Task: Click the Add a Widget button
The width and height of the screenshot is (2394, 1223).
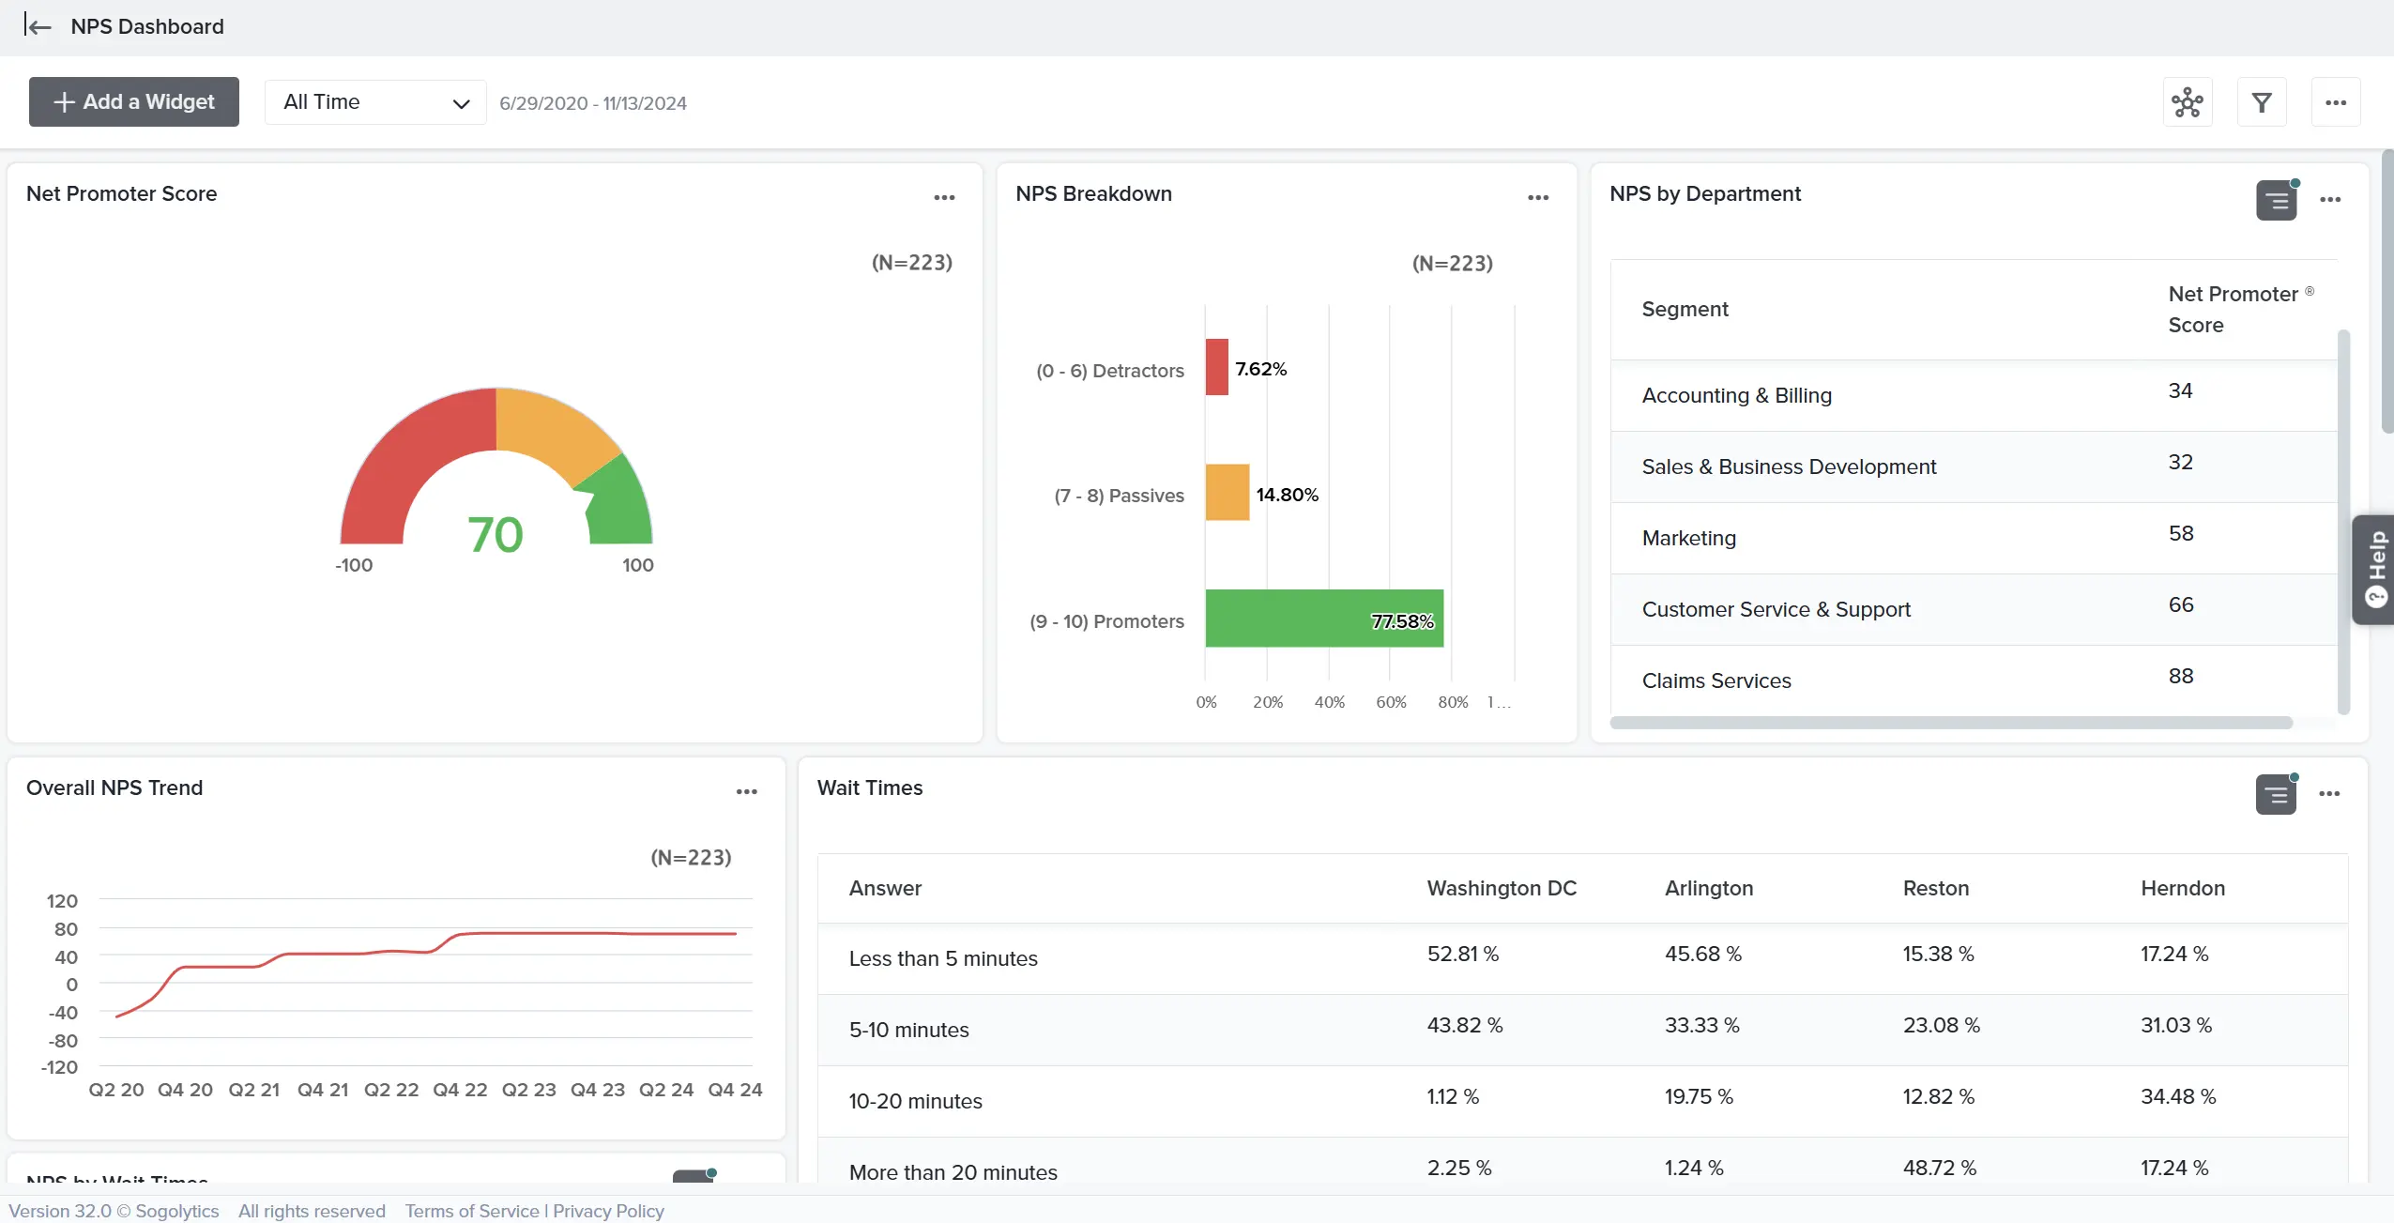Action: click(133, 101)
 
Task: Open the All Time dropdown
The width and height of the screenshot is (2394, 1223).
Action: click(374, 102)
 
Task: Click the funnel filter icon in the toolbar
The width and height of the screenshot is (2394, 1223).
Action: click(2261, 102)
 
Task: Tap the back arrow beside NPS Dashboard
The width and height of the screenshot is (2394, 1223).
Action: click(38, 26)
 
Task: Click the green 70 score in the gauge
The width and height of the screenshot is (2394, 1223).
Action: click(495, 535)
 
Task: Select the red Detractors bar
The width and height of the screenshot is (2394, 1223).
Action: click(1216, 367)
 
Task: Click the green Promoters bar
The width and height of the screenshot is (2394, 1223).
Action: click(1323, 619)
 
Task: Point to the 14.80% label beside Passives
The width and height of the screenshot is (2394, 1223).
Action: click(1287, 495)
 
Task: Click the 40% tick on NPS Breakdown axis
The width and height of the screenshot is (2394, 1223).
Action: click(1329, 702)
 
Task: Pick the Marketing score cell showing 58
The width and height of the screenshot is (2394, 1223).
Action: click(2180, 534)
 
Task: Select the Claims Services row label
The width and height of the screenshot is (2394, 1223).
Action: click(1715, 680)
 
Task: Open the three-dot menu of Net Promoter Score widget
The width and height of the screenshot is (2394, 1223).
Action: click(944, 197)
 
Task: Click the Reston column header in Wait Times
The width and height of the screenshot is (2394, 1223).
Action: click(1935, 888)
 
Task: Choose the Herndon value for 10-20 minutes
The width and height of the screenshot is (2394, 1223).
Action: click(2177, 1096)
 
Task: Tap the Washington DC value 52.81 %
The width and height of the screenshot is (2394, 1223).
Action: click(1462, 954)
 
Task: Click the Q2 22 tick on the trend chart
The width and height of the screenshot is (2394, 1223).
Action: click(391, 1090)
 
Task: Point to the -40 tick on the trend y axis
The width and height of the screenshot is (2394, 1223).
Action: click(64, 1013)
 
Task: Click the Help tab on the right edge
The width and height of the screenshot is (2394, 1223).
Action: click(2375, 569)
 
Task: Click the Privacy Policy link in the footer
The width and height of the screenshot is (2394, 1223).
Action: click(608, 1211)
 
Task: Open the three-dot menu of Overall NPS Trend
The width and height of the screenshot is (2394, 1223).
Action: click(746, 791)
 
